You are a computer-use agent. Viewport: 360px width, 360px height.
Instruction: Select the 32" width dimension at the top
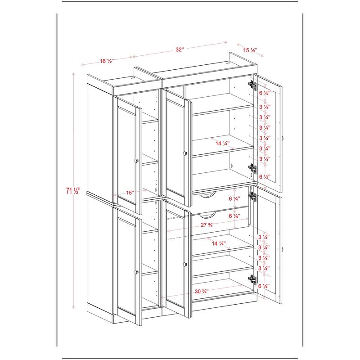(x=180, y=50)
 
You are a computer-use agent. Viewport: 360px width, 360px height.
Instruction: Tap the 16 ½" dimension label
(x=106, y=61)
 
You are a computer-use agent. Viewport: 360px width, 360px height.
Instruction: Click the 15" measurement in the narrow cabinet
(x=130, y=193)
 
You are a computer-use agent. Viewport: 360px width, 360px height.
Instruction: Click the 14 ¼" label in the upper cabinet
(x=222, y=144)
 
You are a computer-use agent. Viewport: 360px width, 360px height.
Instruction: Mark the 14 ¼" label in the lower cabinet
(x=219, y=243)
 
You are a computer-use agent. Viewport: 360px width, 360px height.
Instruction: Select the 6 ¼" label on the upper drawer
(x=234, y=199)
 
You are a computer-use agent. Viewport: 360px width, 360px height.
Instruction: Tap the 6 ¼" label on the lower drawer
(x=234, y=216)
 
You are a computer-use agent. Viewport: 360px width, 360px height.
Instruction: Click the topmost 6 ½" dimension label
(x=265, y=93)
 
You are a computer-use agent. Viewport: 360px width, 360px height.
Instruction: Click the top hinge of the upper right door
(x=252, y=84)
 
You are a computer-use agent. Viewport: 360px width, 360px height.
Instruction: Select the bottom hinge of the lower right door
(x=251, y=280)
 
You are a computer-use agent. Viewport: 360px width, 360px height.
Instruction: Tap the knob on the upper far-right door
(x=283, y=137)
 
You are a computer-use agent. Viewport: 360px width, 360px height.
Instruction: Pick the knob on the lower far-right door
(x=283, y=249)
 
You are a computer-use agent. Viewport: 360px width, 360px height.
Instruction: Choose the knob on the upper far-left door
(x=136, y=161)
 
